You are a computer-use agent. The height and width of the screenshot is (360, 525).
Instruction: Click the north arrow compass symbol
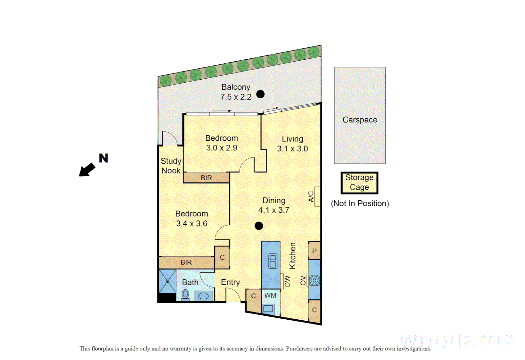tap(87, 169)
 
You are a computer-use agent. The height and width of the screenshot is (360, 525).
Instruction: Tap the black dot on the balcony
tap(260, 94)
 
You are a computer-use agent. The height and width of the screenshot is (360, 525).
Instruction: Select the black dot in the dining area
tap(259, 226)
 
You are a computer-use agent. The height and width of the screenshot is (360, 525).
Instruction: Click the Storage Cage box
tap(359, 183)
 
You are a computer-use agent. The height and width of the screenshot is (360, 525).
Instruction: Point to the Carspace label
tap(360, 120)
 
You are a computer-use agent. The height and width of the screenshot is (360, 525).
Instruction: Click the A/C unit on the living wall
tap(317, 196)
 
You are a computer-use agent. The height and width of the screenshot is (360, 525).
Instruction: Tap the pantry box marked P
tap(314, 251)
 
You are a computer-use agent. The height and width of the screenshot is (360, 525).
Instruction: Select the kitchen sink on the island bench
tap(273, 261)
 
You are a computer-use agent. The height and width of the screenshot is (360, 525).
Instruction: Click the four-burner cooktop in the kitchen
tap(315, 280)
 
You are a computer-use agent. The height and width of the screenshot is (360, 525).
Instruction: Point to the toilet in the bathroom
tap(185, 295)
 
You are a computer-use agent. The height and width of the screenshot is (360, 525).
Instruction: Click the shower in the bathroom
tap(167, 281)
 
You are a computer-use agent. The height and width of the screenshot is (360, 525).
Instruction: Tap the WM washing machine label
tap(270, 295)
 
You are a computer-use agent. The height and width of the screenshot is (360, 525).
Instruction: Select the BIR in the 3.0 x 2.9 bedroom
tap(206, 178)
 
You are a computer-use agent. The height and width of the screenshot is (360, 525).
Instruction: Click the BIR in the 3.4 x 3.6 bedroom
tap(186, 262)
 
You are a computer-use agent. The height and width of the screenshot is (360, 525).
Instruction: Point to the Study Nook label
tap(171, 166)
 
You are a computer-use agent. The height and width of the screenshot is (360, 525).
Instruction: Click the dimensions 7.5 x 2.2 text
tap(236, 97)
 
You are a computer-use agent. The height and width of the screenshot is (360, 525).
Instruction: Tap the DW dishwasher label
tap(287, 281)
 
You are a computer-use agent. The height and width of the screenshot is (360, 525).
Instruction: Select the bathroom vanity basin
tap(203, 296)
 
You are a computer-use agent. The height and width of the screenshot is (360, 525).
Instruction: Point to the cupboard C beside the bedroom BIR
tap(222, 257)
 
